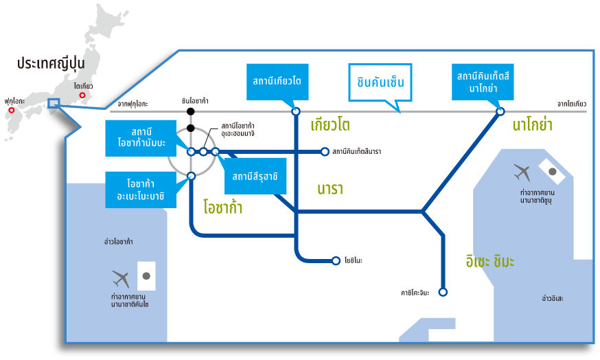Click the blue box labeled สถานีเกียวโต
click(277, 82)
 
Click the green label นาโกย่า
click(532, 125)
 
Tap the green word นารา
click(330, 188)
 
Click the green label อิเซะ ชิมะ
click(489, 261)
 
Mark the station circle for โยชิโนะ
click(336, 260)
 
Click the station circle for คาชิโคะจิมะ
click(443, 292)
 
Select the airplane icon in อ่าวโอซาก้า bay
click(121, 279)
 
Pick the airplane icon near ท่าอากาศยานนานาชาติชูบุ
click(522, 171)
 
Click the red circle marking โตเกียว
click(82, 95)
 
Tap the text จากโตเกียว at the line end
click(571, 104)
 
